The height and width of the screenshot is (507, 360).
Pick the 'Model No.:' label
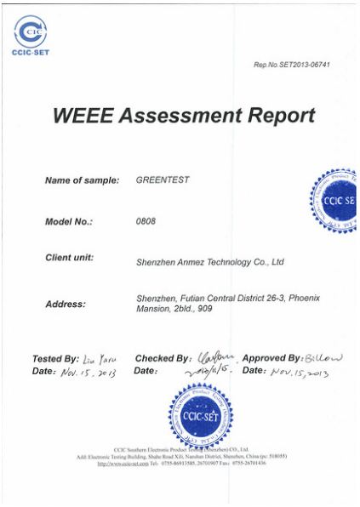pos(68,221)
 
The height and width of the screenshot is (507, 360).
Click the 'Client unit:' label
pos(69,257)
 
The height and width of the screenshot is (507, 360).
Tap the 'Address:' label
pos(65,304)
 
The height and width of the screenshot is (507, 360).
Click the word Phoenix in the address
pos(307,297)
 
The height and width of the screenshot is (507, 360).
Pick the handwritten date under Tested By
pos(89,372)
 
